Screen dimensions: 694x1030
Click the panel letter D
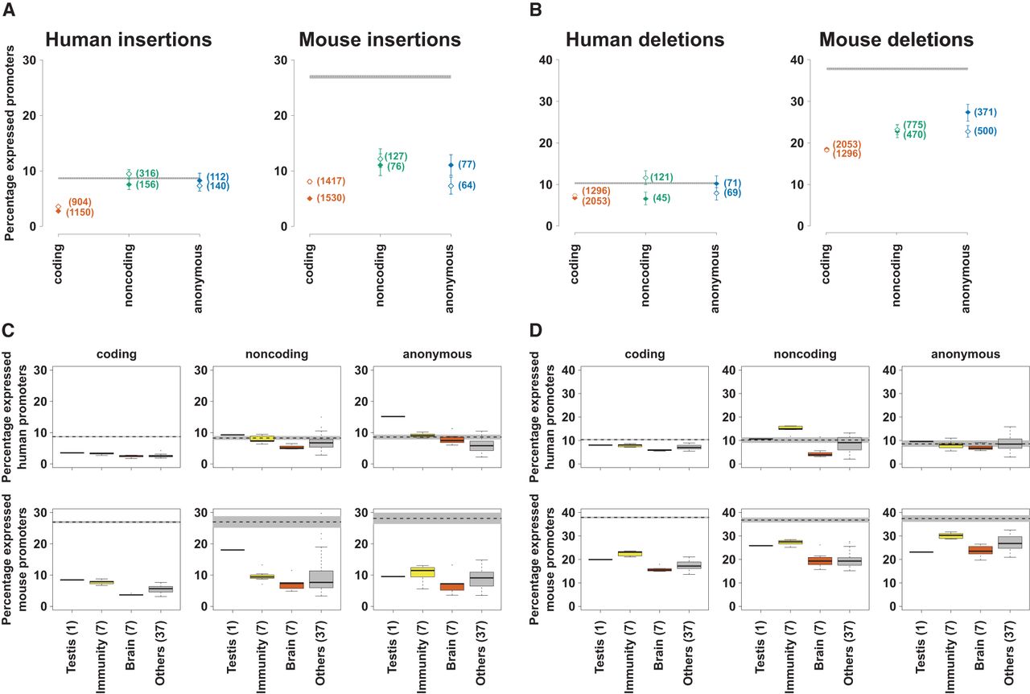(531, 329)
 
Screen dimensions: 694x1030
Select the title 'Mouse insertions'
(380, 39)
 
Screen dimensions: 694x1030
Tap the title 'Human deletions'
(645, 39)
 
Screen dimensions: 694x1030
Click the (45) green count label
(662, 198)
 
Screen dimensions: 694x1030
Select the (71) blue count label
(733, 183)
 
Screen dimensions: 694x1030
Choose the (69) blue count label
(733, 193)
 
